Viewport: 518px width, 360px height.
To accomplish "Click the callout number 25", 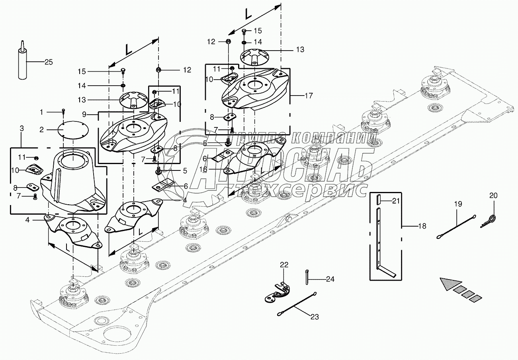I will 48,62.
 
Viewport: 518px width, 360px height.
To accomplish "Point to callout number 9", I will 84,114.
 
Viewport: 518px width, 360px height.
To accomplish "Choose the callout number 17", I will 309,96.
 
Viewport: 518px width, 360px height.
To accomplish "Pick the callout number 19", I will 458,204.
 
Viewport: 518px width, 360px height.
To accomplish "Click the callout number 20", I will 493,196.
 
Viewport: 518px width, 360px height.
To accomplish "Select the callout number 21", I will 395,201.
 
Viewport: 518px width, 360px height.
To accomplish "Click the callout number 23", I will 315,317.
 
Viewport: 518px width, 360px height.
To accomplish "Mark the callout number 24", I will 330,279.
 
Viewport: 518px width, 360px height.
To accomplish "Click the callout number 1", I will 42,112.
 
